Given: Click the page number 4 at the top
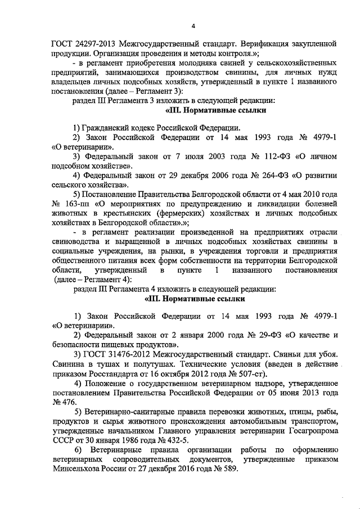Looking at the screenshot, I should tap(193, 25).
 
